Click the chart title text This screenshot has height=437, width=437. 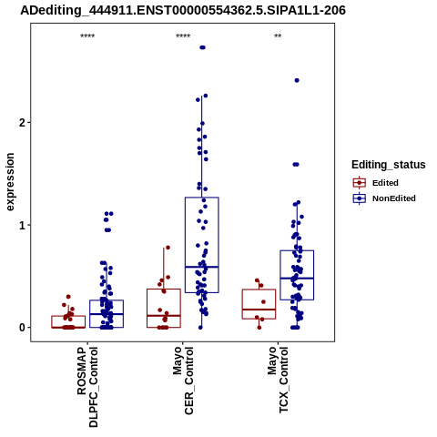183,11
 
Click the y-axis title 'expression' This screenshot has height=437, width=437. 10,182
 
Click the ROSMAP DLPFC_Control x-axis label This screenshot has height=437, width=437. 87,387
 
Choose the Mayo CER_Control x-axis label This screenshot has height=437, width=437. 183,381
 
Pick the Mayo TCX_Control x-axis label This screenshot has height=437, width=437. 278,380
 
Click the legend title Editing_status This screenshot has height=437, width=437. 389,165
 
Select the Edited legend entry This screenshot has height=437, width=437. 385,183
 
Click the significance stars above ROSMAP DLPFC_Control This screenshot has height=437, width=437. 87,36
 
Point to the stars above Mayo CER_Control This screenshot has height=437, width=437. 183,36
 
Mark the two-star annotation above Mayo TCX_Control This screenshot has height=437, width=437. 278,36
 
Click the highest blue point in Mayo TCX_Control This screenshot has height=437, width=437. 297,80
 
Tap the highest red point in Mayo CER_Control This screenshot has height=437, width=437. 168,248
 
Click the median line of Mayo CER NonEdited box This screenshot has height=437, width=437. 202,267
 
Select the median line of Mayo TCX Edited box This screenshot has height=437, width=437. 259,310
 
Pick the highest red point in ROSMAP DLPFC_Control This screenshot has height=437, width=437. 68,297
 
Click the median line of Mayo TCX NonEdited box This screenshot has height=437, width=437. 297,279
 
